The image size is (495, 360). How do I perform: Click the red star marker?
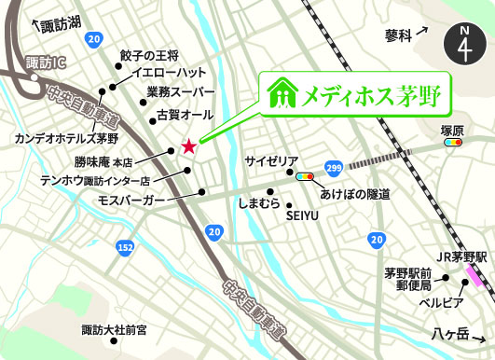tap(189, 145)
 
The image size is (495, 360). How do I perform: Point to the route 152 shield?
tap(125, 246)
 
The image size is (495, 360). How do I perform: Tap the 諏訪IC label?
tap(22, 64)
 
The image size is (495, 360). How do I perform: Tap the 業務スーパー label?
tap(180, 93)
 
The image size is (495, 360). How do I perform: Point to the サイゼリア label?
tap(271, 160)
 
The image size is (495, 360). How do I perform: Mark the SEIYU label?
tap(302, 216)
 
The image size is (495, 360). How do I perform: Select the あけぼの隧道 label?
tap(355, 194)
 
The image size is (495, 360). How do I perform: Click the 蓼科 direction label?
tap(397, 35)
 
